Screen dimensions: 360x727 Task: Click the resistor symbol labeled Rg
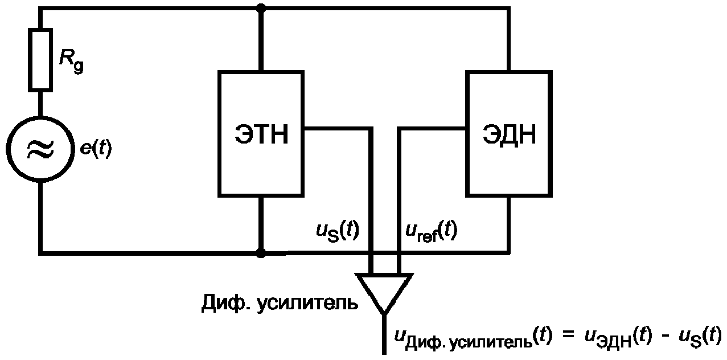coord(41,59)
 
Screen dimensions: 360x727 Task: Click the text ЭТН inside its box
coord(261,136)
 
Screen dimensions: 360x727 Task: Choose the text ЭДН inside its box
coord(510,136)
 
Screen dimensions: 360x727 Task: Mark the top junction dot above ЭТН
coord(261,9)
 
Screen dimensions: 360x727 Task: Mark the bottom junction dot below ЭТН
coord(261,252)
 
